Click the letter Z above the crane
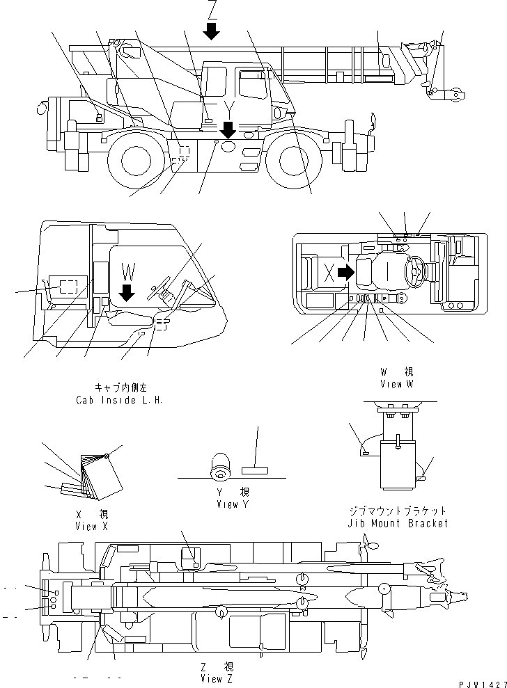[212, 10]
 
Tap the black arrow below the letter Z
[212, 30]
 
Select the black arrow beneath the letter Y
[228, 129]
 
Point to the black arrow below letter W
[127, 292]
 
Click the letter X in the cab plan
[329, 273]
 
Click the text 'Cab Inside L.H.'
[119, 401]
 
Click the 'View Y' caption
[233, 503]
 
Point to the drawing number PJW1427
[483, 684]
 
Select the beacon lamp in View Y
[221, 467]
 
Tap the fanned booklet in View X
[95, 479]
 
